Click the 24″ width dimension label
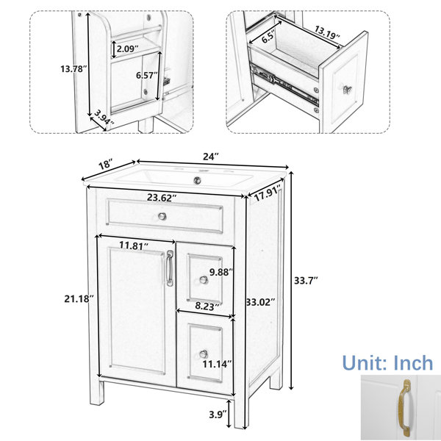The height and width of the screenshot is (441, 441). click(211, 157)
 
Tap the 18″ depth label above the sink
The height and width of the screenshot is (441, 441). click(105, 164)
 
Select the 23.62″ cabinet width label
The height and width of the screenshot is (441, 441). click(162, 198)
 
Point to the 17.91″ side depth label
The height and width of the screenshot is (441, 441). click(268, 193)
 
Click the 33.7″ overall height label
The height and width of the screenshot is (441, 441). click(306, 281)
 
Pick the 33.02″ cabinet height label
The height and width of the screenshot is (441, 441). click(260, 302)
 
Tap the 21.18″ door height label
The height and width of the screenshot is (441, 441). click(79, 298)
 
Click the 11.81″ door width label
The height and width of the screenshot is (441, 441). click(134, 245)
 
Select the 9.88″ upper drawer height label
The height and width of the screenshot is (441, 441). click(221, 272)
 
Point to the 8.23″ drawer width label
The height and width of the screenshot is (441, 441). click(207, 306)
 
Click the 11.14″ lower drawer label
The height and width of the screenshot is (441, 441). click(217, 364)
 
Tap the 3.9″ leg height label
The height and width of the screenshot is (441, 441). click(218, 415)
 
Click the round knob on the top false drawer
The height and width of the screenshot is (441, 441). click(162, 216)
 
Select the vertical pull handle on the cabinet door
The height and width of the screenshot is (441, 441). click(169, 268)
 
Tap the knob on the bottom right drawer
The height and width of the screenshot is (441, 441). click(204, 354)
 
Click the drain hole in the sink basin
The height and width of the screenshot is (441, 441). click(198, 179)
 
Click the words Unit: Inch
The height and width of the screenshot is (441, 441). click(387, 363)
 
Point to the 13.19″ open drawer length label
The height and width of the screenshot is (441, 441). click(327, 32)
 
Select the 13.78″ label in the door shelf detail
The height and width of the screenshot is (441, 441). click(73, 68)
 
